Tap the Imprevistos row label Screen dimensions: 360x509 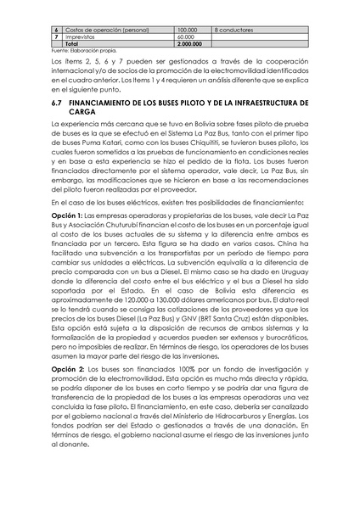tap(82, 36)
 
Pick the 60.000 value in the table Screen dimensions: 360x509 tap(187, 36)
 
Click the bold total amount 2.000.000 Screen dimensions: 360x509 tap(191, 44)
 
